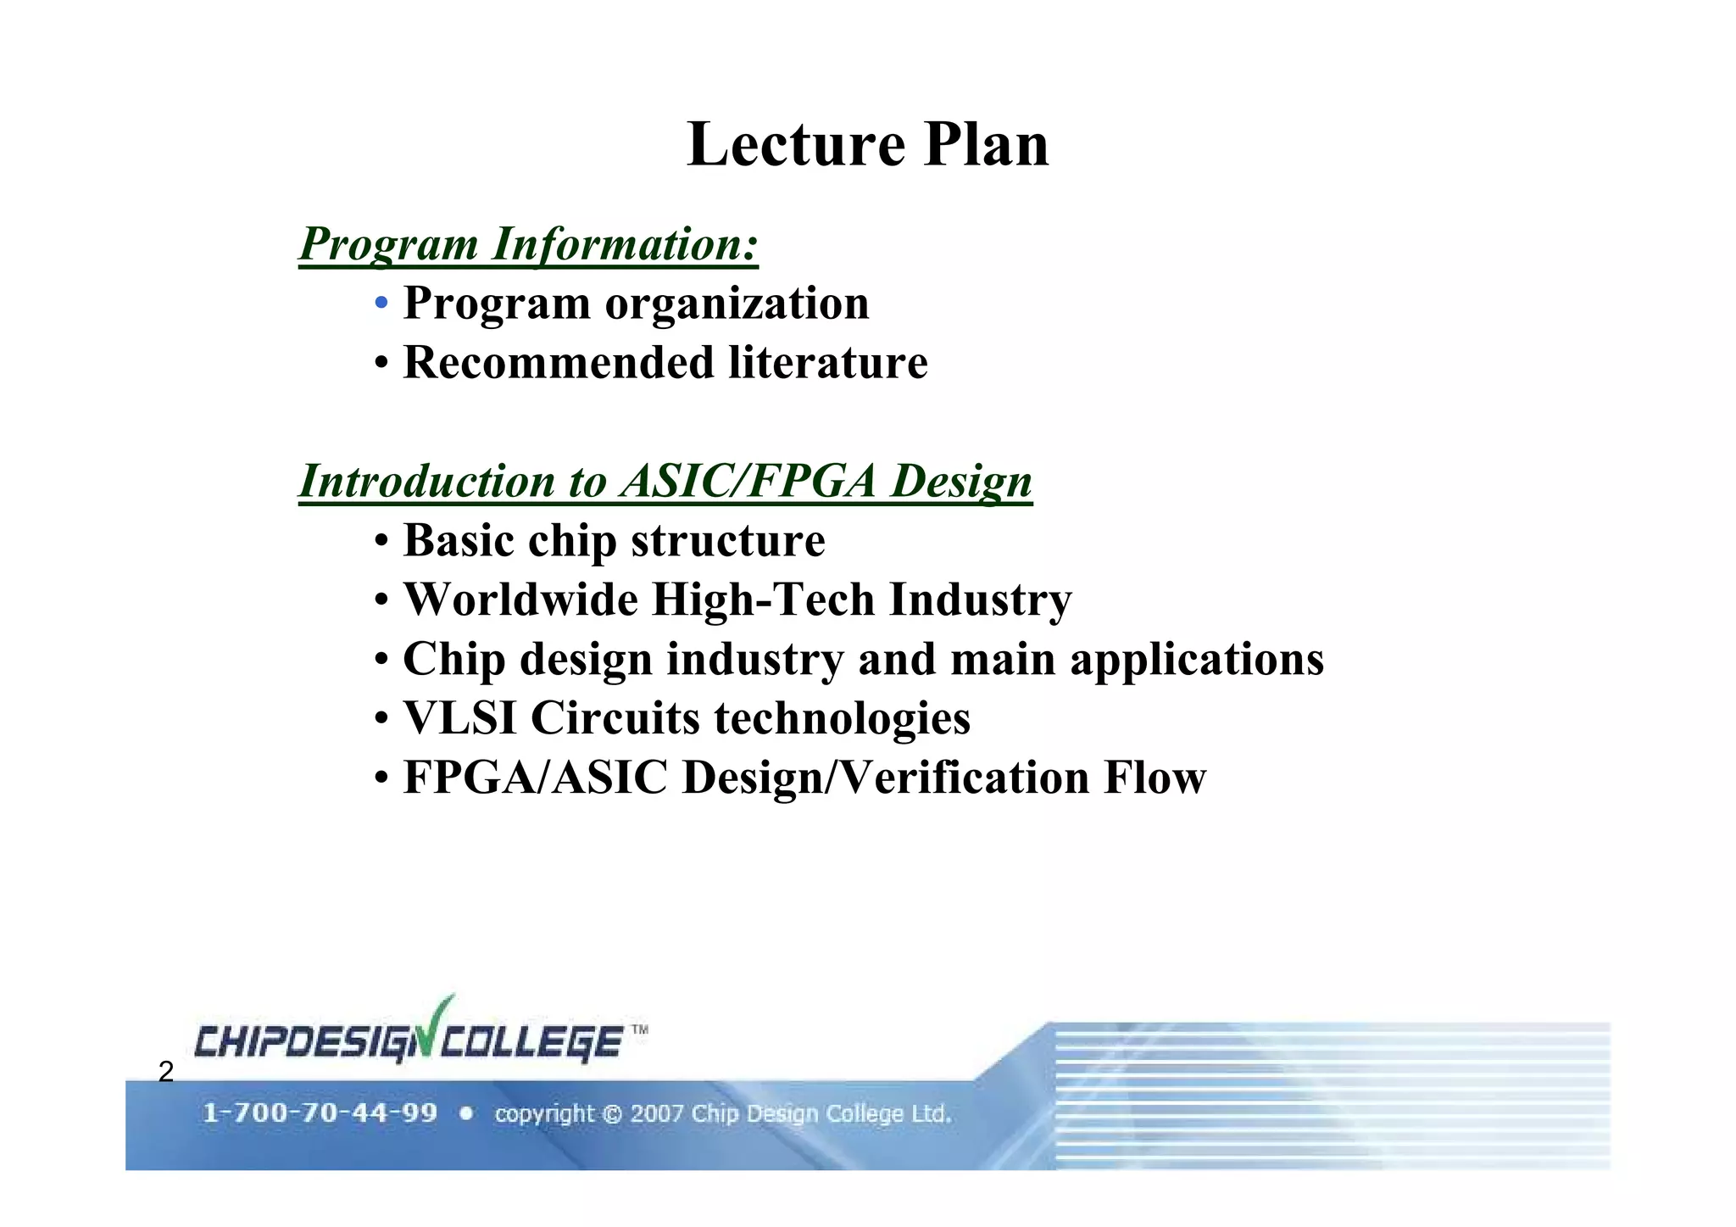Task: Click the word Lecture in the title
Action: tap(795, 144)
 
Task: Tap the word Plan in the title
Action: tap(986, 144)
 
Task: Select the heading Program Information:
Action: tap(528, 244)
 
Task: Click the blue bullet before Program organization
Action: tap(382, 304)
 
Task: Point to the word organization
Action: tap(737, 304)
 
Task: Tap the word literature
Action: tap(828, 363)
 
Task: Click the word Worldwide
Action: tap(520, 600)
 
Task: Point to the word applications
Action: tap(1196, 660)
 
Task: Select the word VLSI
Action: tap(459, 718)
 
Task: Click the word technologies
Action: tap(842, 718)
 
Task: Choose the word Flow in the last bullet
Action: tap(1155, 778)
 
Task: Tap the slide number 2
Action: tap(166, 1072)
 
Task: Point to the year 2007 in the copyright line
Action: tap(656, 1113)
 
